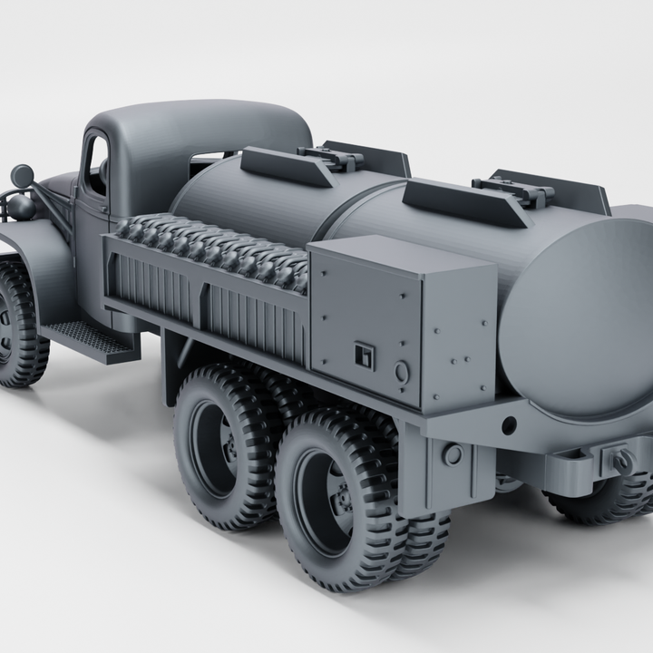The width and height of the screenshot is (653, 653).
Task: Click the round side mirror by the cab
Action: point(22,175)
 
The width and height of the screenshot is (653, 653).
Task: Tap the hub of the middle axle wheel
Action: point(232,446)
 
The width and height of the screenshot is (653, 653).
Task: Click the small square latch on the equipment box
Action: point(365,355)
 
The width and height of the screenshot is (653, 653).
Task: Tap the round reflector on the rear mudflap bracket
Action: point(452,454)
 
